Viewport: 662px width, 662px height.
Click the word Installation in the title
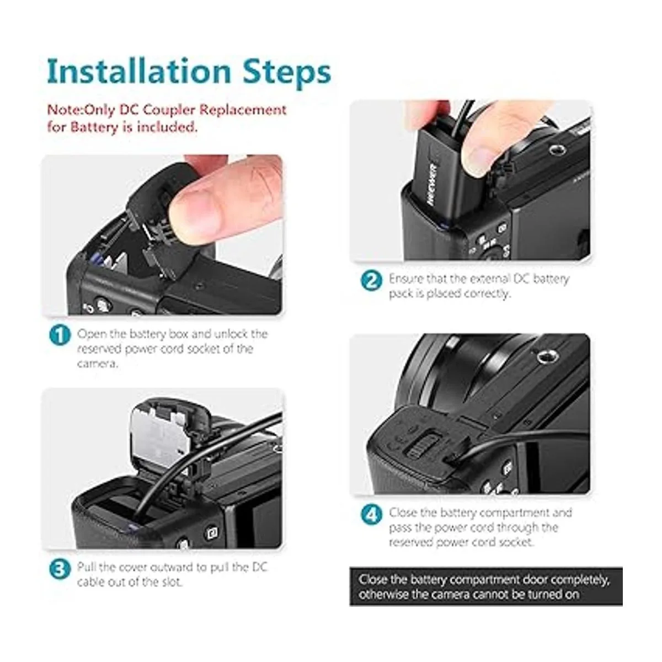click(139, 71)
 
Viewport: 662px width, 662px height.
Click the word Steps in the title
click(287, 72)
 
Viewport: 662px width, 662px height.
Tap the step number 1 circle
click(60, 335)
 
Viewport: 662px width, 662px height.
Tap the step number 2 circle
click(372, 281)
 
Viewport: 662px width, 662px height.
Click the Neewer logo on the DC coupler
click(433, 185)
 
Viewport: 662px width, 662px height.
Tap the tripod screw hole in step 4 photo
click(543, 358)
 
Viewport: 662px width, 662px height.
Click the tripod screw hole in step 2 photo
click(554, 150)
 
